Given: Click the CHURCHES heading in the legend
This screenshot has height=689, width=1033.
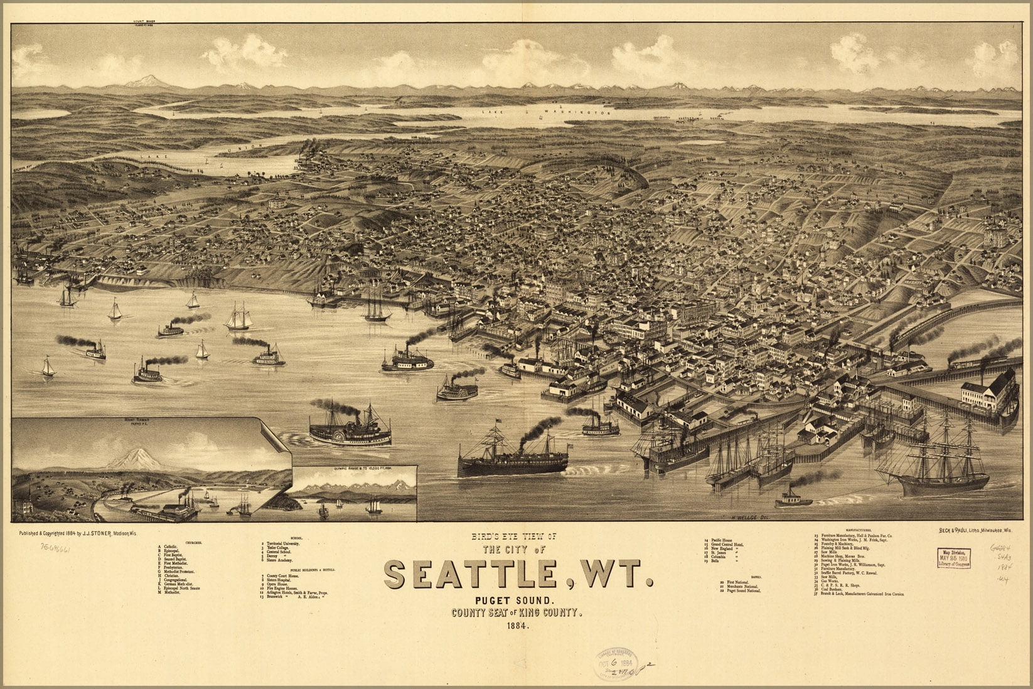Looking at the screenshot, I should (x=191, y=541).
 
